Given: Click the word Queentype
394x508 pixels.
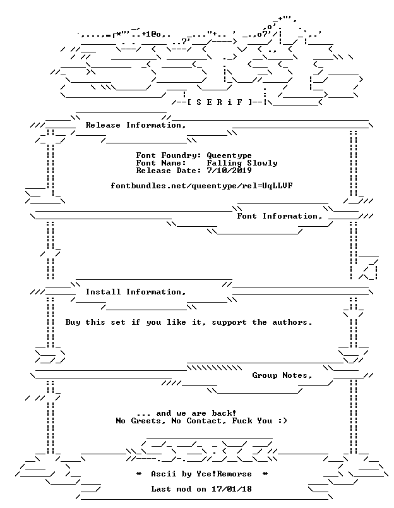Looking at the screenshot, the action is [x=229, y=156].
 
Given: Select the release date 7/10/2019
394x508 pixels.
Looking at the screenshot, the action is [x=229, y=171].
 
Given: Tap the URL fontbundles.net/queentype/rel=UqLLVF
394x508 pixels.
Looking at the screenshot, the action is [x=201, y=186].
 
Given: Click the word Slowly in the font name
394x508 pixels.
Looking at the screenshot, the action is [x=262, y=163].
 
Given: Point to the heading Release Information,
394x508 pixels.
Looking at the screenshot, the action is [x=136, y=125].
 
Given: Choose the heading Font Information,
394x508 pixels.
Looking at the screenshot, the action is [x=280, y=217].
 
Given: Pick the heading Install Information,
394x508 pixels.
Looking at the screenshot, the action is [x=136, y=293].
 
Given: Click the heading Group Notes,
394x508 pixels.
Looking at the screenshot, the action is [x=282, y=375].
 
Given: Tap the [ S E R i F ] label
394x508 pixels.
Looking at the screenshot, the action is [x=220, y=102].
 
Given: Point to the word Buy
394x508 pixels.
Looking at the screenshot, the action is [x=73, y=322].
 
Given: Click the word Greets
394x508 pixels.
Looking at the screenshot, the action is [x=146, y=421].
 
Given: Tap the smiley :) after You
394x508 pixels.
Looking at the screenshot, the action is [x=282, y=421].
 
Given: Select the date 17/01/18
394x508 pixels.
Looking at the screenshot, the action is [x=232, y=489].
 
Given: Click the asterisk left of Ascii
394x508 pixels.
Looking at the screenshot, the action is [x=138, y=474].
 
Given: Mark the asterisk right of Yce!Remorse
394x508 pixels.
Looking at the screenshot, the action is [x=265, y=474].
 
